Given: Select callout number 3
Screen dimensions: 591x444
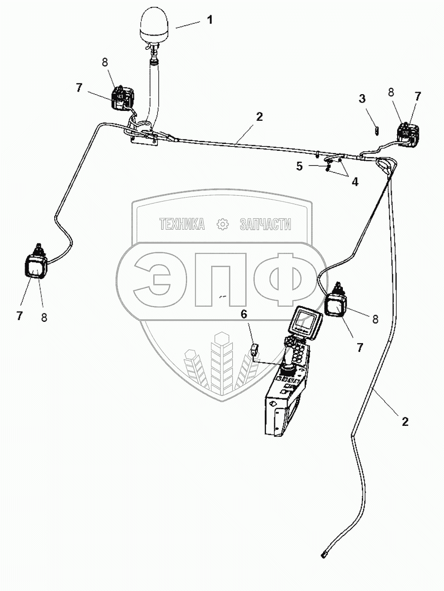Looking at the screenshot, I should click(x=362, y=99).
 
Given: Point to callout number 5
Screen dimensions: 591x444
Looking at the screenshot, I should click(x=299, y=166).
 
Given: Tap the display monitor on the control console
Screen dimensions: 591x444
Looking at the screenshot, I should click(x=305, y=322).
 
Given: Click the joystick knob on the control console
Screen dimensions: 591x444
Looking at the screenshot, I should click(x=288, y=369).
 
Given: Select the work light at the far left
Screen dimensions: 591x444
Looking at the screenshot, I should click(x=36, y=267).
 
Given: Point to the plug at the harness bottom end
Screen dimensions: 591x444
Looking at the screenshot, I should click(x=324, y=555).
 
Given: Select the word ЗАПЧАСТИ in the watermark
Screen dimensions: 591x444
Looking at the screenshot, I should click(x=265, y=225).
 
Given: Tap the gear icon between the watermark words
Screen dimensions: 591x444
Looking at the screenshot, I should click(x=223, y=225).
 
